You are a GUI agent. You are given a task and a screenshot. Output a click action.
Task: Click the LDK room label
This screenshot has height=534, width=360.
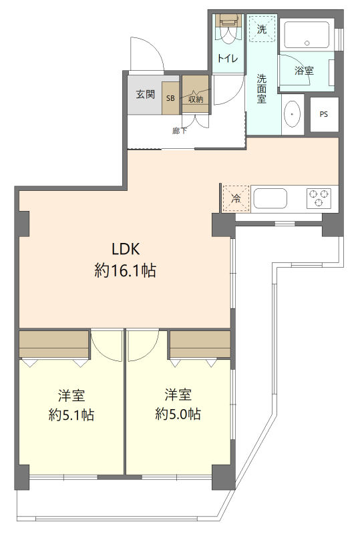(126, 249)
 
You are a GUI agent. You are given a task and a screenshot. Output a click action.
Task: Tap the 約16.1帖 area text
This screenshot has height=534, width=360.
(126, 271)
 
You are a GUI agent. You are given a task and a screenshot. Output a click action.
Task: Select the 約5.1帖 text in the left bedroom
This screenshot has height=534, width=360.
(71, 415)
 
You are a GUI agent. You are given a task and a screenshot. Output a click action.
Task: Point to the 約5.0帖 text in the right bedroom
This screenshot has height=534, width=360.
(178, 414)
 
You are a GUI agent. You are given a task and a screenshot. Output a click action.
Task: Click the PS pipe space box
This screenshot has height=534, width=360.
(324, 114)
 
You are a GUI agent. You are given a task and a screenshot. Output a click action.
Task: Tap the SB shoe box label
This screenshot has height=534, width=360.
(170, 98)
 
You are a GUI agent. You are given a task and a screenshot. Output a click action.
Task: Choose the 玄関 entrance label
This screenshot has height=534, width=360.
(146, 94)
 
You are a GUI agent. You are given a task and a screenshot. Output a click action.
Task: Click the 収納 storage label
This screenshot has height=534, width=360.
(196, 99)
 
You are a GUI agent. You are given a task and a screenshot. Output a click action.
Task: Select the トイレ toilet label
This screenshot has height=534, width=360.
(228, 58)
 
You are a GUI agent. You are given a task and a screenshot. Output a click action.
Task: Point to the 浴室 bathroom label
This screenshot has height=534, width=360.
(304, 71)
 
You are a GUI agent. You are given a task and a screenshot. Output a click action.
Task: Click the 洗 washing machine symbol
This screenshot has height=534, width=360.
(262, 29)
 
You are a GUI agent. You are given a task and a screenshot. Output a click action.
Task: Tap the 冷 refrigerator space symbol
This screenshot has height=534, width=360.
(236, 199)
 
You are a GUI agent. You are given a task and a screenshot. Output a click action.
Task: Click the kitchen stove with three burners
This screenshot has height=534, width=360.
(319, 198)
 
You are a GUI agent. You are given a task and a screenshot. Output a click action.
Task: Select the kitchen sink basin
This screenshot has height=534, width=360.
(271, 198)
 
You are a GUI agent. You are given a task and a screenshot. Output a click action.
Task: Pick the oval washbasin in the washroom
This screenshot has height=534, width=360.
(292, 114)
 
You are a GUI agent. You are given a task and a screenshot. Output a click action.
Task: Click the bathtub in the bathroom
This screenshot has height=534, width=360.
(307, 35)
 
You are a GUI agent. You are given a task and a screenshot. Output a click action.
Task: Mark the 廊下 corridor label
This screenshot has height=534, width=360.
(180, 130)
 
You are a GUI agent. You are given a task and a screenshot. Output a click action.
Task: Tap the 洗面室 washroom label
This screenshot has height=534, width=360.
(261, 89)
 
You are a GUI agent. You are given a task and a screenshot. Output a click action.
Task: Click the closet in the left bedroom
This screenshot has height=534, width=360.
(54, 344)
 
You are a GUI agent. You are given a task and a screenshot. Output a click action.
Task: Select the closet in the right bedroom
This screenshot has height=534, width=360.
(200, 344)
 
